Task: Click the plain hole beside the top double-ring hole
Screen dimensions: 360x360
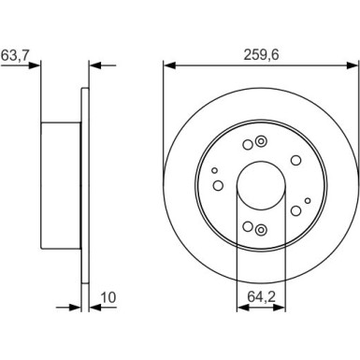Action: pyautogui.click(x=247, y=144)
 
